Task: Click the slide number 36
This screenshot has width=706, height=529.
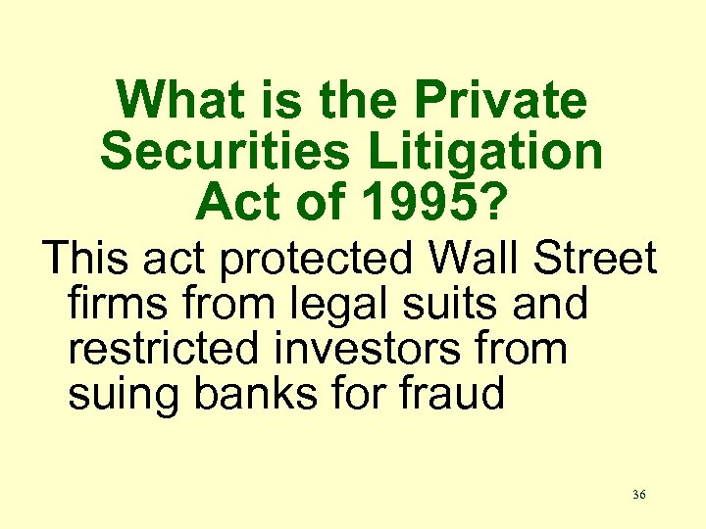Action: tap(638, 496)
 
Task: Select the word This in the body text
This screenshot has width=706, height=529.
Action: tap(90, 260)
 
